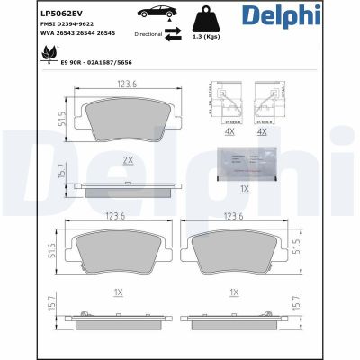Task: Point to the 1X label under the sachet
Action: (x=244, y=189)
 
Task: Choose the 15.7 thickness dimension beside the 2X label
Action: (x=62, y=169)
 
